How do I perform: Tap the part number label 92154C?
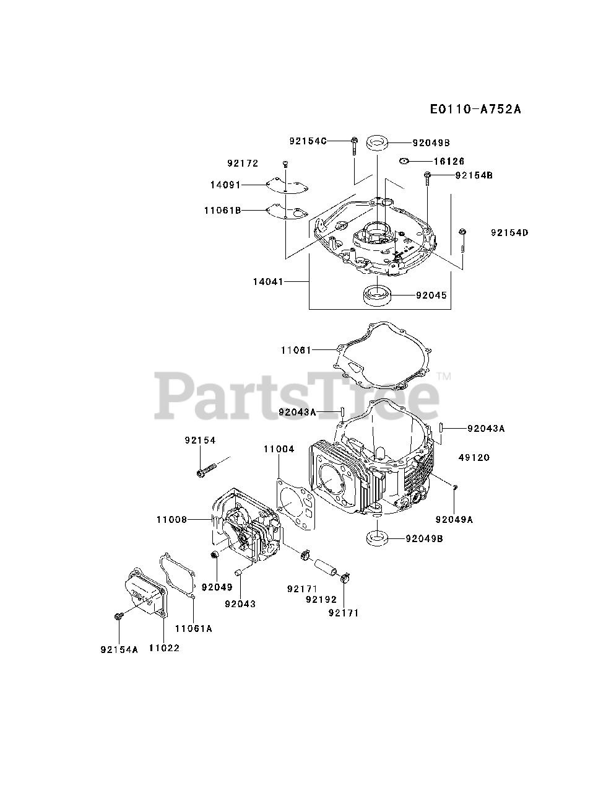click(x=308, y=141)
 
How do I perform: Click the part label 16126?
click(x=449, y=161)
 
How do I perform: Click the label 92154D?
click(x=510, y=232)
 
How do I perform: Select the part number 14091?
click(x=225, y=185)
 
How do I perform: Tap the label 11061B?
click(x=222, y=210)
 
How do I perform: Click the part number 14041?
click(x=268, y=282)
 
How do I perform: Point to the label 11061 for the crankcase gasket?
click(x=295, y=350)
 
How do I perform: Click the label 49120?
click(x=474, y=458)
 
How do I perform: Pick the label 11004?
click(x=279, y=449)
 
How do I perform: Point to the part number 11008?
click(x=171, y=520)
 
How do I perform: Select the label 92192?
click(x=321, y=600)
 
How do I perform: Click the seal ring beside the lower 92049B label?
click(x=376, y=539)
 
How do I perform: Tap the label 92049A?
click(x=454, y=520)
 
